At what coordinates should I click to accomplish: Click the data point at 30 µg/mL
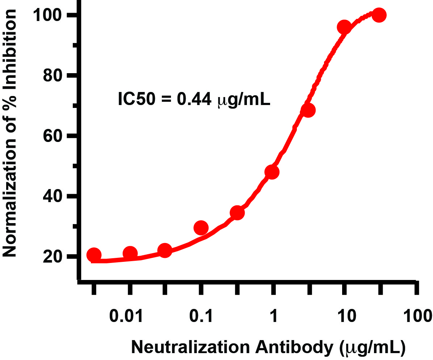[x=379, y=15]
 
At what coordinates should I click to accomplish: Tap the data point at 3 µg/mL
[x=308, y=110]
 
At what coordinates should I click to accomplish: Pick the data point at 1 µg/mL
[x=272, y=172]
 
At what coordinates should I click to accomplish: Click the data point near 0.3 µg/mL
[x=237, y=213]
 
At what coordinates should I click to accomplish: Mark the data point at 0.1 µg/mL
[x=201, y=228]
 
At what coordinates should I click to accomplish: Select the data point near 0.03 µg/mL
[x=165, y=251]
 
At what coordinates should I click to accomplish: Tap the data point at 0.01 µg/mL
[x=130, y=254]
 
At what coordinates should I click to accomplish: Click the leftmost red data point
[x=94, y=255]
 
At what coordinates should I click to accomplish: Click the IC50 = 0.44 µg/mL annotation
[x=194, y=99]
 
